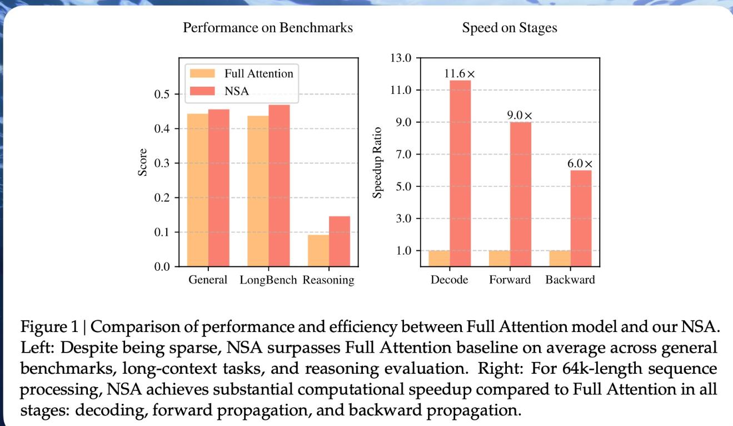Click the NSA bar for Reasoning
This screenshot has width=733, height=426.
340,241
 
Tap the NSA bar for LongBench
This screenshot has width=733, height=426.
279,186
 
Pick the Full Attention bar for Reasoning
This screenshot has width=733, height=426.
318,251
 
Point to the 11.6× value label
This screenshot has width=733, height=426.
460,73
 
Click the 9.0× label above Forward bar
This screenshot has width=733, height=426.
520,115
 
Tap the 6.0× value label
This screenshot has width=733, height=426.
580,164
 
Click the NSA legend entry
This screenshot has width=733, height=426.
236,92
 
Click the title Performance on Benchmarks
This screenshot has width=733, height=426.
268,28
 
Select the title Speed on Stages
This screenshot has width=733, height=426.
510,28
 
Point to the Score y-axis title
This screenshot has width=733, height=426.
143,162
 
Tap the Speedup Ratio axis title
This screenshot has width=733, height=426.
378,162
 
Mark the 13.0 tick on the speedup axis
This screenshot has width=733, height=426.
401,58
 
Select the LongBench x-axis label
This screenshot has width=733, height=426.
269,280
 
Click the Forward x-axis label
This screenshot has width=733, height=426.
510,280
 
